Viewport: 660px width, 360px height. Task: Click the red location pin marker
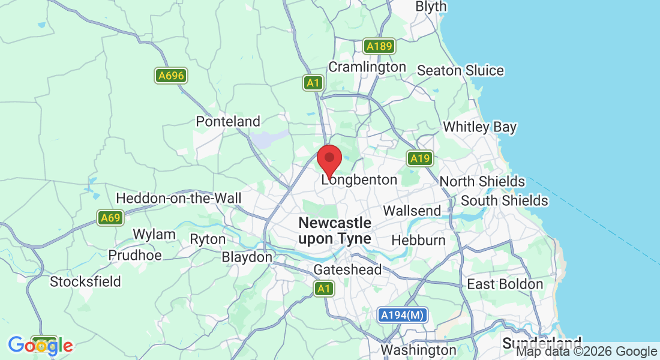click(329, 160)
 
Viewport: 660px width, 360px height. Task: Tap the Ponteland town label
click(228, 121)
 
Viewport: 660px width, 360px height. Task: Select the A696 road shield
click(170, 76)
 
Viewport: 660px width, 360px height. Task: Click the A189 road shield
click(379, 46)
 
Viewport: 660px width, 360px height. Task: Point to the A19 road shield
click(420, 158)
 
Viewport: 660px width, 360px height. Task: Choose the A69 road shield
click(110, 217)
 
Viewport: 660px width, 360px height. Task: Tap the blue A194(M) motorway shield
click(403, 315)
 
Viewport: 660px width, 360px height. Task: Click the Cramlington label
click(367, 67)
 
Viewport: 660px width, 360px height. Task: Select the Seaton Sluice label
click(460, 70)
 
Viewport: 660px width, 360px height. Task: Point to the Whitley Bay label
click(479, 127)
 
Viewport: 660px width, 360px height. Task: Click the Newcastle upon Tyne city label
click(335, 230)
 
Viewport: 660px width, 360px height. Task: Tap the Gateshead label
click(347, 270)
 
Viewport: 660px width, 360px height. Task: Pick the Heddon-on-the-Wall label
click(179, 198)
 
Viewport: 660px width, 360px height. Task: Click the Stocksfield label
click(86, 281)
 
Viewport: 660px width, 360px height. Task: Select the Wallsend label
click(412, 211)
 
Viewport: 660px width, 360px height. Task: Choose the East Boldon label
click(505, 284)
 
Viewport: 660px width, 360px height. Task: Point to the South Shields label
click(505, 200)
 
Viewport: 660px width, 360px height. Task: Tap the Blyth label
click(431, 7)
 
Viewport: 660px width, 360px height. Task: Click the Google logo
click(41, 346)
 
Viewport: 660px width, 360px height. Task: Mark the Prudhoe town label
click(135, 255)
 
